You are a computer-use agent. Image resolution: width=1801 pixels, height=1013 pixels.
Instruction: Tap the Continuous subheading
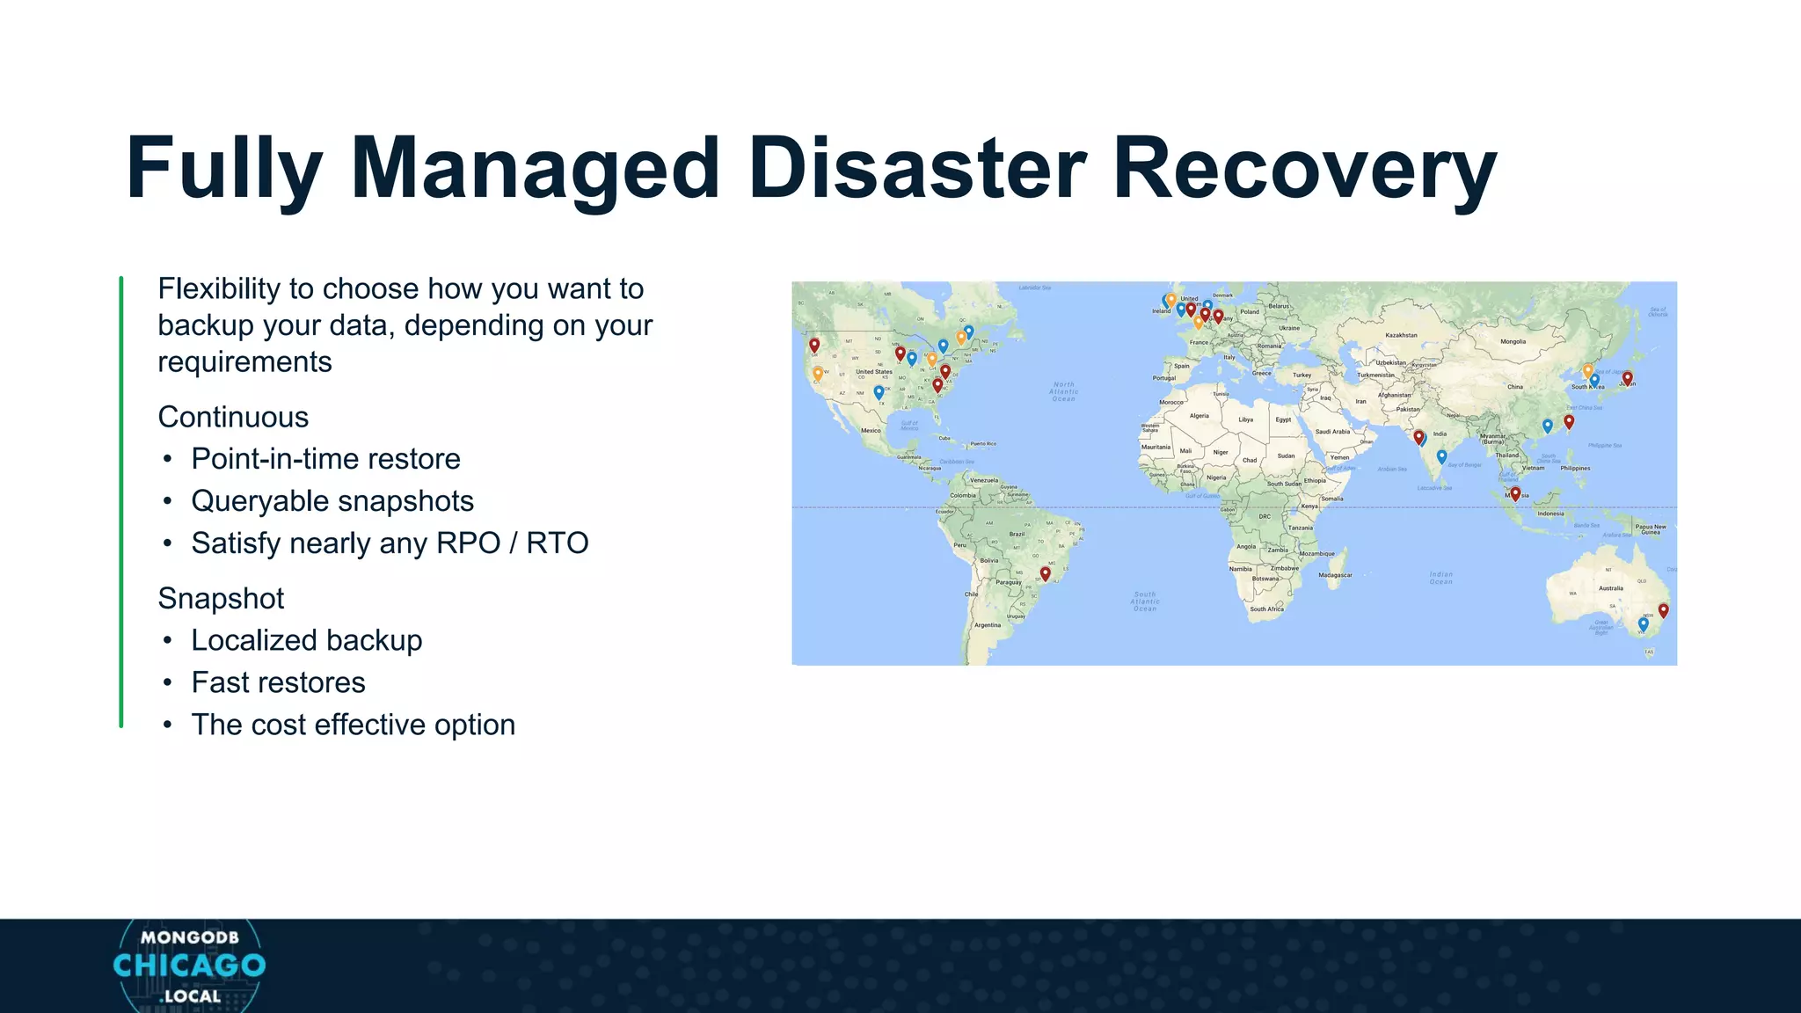pos(233,417)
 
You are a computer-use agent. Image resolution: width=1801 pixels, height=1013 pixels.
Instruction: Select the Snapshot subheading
pos(221,598)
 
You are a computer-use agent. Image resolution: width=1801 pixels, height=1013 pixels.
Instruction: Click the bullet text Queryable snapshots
pos(332,501)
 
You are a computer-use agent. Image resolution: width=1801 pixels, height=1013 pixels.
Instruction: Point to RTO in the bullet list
pos(558,543)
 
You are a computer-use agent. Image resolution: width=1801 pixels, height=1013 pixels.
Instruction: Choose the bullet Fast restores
pos(278,682)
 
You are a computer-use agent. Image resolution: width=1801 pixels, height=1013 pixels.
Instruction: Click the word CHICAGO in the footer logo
pos(189,966)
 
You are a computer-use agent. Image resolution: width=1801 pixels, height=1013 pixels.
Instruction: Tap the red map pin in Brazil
pos(1045,572)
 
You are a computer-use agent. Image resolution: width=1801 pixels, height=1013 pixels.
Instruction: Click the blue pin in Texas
pos(879,391)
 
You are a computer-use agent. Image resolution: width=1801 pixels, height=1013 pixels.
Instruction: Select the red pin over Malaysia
pos(1515,493)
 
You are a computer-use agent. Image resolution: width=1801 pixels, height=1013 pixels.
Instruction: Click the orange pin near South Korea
pos(1587,370)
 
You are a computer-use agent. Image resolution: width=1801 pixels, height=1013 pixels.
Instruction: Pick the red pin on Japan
pos(1628,377)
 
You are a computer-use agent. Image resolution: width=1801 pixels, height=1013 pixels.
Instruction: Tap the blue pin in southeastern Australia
pos(1643,623)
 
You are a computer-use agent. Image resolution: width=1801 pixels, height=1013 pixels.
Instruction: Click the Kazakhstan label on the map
pos(1401,335)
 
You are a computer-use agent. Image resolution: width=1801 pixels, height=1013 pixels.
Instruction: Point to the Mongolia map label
pos(1513,341)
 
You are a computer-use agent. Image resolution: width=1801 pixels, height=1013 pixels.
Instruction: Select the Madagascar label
pos(1335,575)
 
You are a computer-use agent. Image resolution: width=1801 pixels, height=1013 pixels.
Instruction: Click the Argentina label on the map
pos(988,625)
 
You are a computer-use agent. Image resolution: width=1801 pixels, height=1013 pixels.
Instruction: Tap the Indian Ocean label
pos(1440,578)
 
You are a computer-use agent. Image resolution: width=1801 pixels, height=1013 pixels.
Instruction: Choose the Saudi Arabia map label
pos(1332,432)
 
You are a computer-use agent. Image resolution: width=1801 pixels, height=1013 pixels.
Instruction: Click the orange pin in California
pos(818,373)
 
